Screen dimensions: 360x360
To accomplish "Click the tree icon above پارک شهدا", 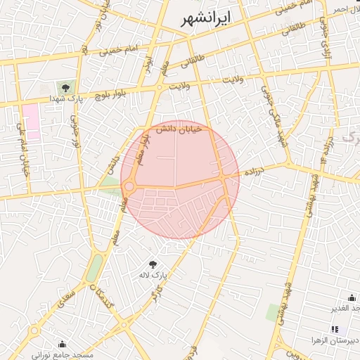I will (x=65, y=88).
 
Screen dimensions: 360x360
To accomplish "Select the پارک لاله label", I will (x=153, y=275).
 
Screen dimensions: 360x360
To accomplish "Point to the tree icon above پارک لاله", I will (x=153, y=264).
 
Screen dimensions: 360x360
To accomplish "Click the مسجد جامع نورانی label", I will (x=66, y=356).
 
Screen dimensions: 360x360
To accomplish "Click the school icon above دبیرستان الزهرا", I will (x=335, y=328).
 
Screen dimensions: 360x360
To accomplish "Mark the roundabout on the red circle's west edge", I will (x=129, y=187).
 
